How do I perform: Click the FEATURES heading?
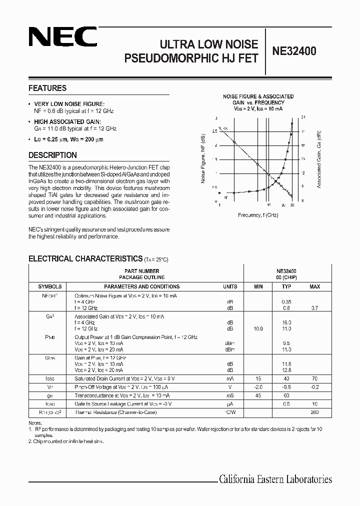[x=47, y=88]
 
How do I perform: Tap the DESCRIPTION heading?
[x=52, y=155]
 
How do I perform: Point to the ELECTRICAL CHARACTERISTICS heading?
[x=85, y=258]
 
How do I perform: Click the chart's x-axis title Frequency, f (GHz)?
[x=258, y=214]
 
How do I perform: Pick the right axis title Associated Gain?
[x=319, y=159]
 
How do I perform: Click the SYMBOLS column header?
[x=50, y=286]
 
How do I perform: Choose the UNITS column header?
[x=230, y=286]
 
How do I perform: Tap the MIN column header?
[x=258, y=286]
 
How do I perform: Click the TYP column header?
[x=286, y=286]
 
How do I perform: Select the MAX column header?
[x=315, y=286]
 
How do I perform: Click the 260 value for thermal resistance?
[x=314, y=412]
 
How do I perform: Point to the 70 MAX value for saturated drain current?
[x=315, y=378]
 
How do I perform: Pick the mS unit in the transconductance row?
[x=230, y=395]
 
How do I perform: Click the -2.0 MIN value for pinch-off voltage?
[x=258, y=387]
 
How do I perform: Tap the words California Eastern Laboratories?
[x=275, y=479]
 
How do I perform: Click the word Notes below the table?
[x=35, y=423]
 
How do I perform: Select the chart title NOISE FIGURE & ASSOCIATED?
[x=258, y=96]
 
